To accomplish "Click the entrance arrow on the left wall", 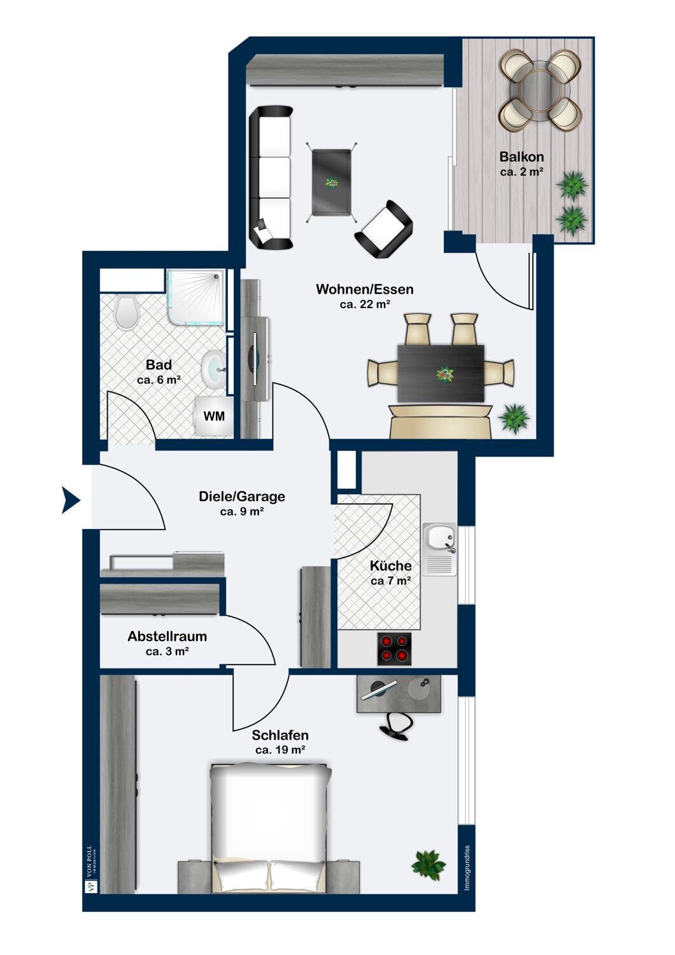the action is [70, 500].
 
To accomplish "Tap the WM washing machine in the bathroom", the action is [214, 416].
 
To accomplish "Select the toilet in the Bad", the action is [127, 313].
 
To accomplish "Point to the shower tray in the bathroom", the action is [195, 297].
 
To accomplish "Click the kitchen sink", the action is [439, 549].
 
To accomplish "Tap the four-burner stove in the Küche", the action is [394, 649].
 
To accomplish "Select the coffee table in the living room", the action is [331, 183].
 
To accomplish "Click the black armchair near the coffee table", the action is [383, 229].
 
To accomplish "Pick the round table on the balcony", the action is [540, 90].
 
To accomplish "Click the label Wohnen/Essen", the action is [365, 289].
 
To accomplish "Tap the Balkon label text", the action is [522, 157].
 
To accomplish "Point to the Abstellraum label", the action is [167, 636].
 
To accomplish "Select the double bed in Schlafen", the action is [271, 828].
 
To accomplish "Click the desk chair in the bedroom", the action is [396, 727].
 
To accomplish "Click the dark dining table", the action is [441, 373].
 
